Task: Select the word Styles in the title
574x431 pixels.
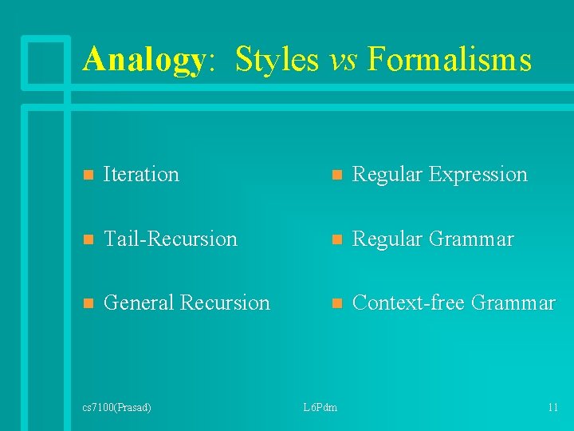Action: (x=277, y=60)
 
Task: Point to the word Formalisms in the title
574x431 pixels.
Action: (x=449, y=60)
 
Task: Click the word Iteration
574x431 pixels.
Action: (x=141, y=174)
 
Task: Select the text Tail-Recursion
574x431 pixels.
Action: (x=171, y=239)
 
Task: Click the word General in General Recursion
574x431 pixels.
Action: (x=140, y=302)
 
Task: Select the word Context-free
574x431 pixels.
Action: (x=408, y=302)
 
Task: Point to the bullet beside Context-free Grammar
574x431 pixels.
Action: (x=336, y=303)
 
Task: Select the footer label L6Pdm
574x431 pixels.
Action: (x=320, y=408)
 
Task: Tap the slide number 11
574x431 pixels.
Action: (x=552, y=408)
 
